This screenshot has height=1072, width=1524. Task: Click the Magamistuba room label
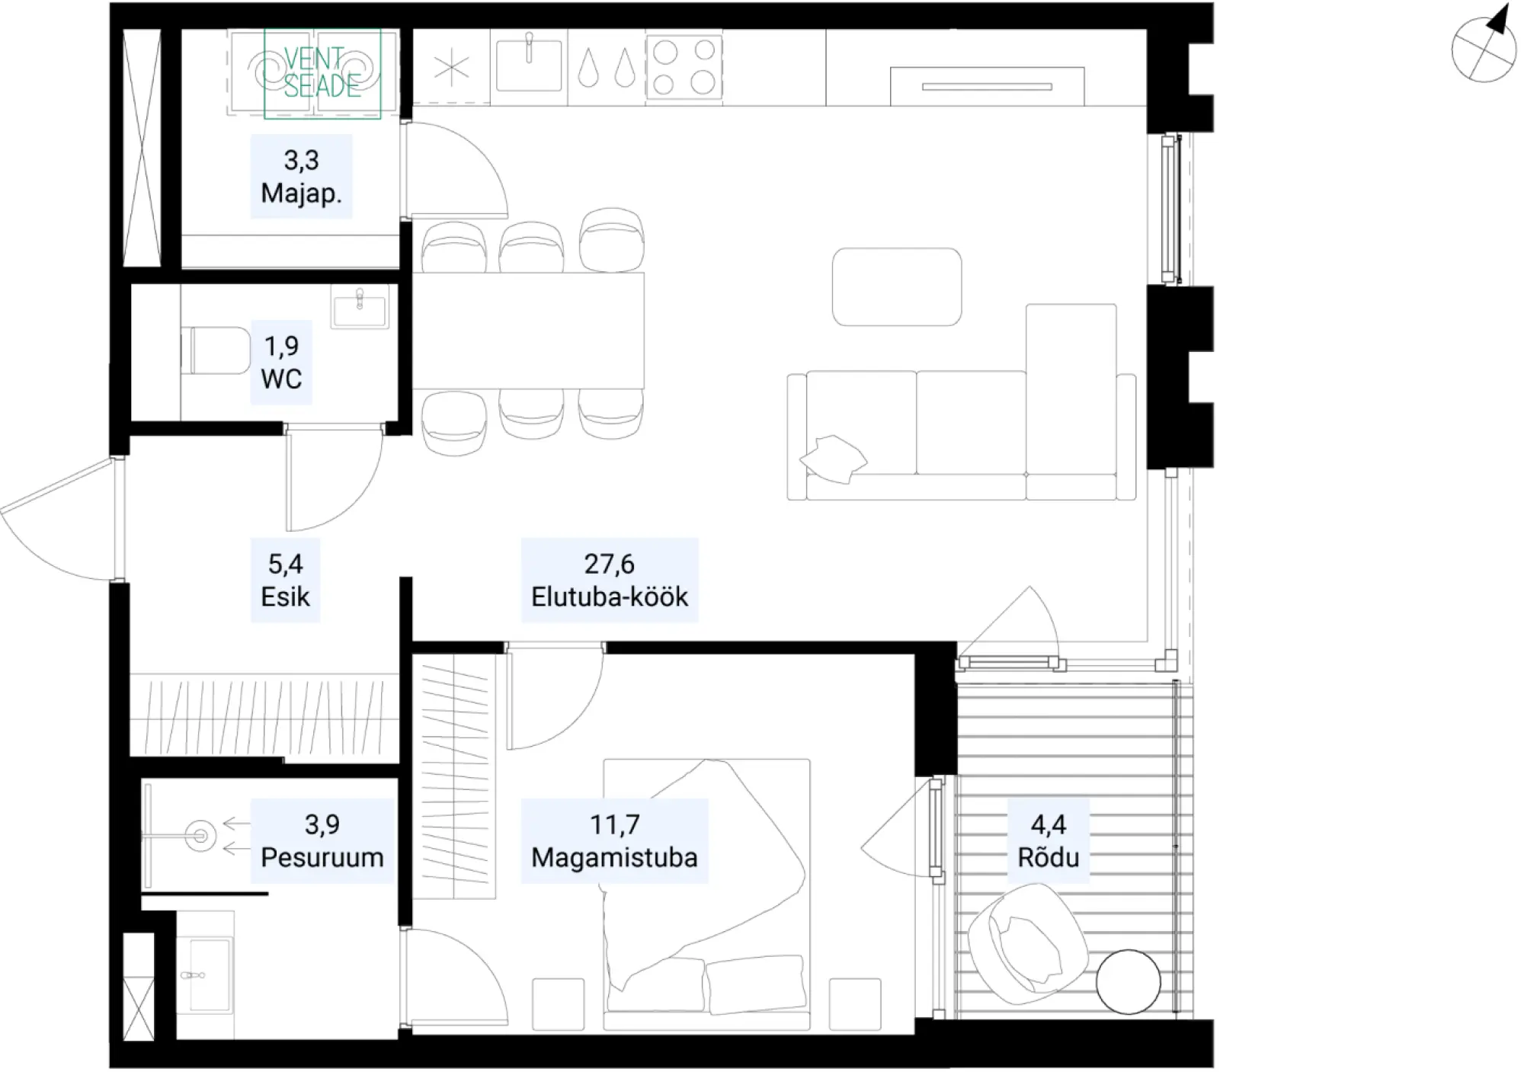[x=614, y=857]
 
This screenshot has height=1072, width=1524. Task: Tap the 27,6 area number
[x=609, y=564]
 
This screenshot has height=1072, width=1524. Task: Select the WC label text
[x=281, y=379]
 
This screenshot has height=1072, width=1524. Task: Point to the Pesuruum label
[x=322, y=857]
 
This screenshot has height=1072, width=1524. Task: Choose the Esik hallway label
[x=285, y=597]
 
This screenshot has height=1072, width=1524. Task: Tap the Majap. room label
[x=301, y=194]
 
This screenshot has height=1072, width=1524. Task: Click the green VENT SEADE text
[x=322, y=72]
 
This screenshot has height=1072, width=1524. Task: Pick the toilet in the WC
[x=216, y=350]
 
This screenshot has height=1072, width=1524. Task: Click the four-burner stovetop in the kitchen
[x=684, y=67]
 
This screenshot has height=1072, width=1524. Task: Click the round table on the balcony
[x=1128, y=982]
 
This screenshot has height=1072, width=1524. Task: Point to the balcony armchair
[x=1026, y=945]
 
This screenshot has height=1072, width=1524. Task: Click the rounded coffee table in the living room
[x=897, y=287]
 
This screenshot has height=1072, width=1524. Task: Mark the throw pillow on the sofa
[x=833, y=459]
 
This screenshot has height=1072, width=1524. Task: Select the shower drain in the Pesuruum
[x=200, y=836]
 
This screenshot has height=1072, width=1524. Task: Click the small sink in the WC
[x=360, y=307]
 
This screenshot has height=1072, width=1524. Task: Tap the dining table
[x=528, y=331]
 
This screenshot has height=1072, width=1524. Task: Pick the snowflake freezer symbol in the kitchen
[x=452, y=69]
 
